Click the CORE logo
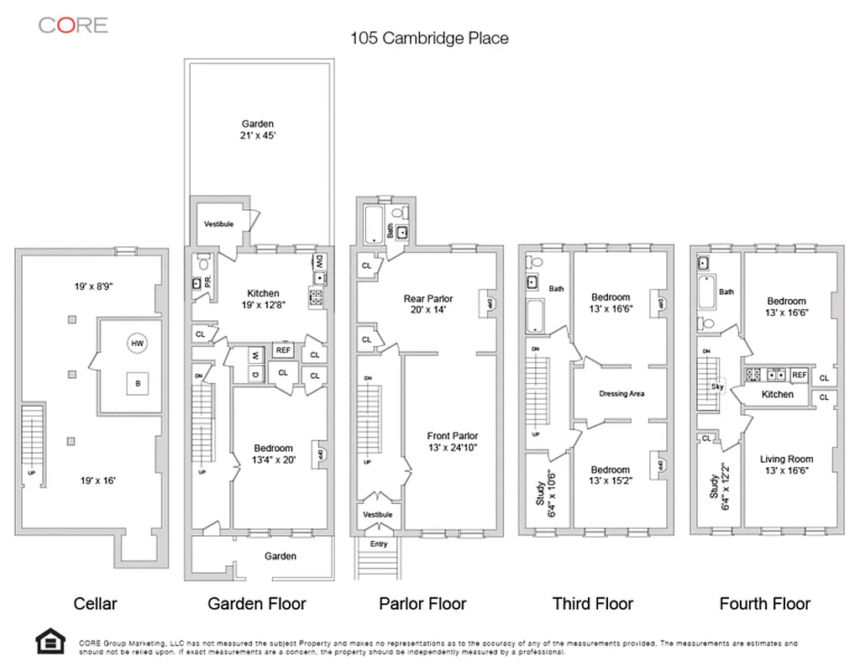73,24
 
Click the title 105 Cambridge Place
429,38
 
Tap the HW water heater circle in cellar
136,343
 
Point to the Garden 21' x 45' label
258,130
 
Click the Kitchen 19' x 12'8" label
263,299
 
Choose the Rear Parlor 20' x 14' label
428,304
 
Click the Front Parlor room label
452,442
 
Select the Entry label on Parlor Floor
377,544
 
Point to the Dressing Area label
621,394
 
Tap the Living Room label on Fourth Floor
787,465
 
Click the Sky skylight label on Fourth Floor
716,387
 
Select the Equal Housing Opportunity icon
50,642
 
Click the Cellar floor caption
95,603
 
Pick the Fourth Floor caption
764,603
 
